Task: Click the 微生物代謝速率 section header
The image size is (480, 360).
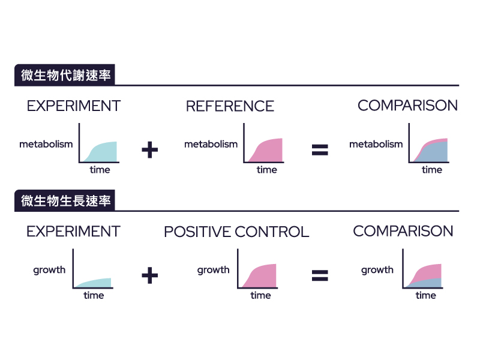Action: click(x=65, y=76)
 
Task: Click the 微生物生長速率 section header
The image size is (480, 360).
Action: click(x=65, y=202)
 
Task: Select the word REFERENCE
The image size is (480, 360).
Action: click(x=230, y=106)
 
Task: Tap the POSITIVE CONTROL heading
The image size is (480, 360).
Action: click(x=236, y=232)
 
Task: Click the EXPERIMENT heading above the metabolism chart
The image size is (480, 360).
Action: click(x=73, y=106)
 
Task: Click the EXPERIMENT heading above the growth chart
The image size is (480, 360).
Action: click(x=73, y=232)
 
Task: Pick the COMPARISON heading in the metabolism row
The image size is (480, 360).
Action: click(x=407, y=106)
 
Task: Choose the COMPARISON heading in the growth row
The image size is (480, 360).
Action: click(x=403, y=231)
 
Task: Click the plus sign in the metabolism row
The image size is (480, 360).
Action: click(x=149, y=150)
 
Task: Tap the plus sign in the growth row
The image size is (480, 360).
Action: click(x=149, y=275)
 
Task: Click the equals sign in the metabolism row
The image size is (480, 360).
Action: click(x=320, y=150)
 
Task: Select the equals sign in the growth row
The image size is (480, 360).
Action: click(x=320, y=275)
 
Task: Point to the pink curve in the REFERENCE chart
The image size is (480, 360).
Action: click(x=268, y=151)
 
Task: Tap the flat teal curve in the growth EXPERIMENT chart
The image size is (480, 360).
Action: click(x=96, y=283)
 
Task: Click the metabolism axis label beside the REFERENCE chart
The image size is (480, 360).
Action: click(x=211, y=144)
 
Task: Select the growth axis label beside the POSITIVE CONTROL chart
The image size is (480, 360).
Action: click(x=213, y=270)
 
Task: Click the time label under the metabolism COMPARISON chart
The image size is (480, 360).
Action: click(x=431, y=170)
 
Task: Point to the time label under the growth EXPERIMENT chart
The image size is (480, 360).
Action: click(x=94, y=295)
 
